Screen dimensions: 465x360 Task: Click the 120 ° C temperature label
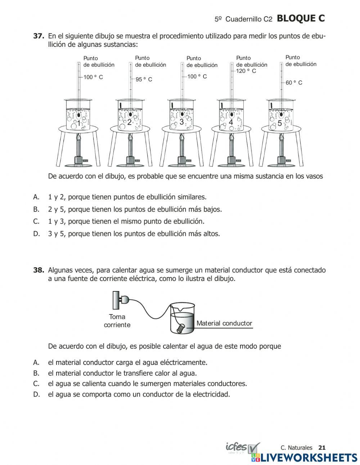pos(246,71)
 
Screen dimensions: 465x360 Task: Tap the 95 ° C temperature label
pos(144,80)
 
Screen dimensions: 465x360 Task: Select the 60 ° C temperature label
pos(294,83)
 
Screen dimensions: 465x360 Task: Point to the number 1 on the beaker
pos(78,124)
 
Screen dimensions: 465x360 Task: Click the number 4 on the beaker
pos(231,122)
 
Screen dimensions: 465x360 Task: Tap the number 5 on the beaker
pos(280,123)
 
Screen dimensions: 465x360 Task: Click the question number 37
pos(39,36)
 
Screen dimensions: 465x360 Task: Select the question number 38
pos(39,270)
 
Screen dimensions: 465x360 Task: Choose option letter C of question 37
pos(36,222)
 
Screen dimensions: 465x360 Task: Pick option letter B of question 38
pos(36,373)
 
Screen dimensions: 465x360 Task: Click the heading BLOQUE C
pos(301,19)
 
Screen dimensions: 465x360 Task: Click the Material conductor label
pos(224,323)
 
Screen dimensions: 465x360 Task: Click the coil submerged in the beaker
pos(181,328)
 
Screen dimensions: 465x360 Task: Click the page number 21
pos(322,448)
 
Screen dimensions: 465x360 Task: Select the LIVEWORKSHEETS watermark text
pos(309,457)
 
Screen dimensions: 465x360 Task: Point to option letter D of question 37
pos(36,234)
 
